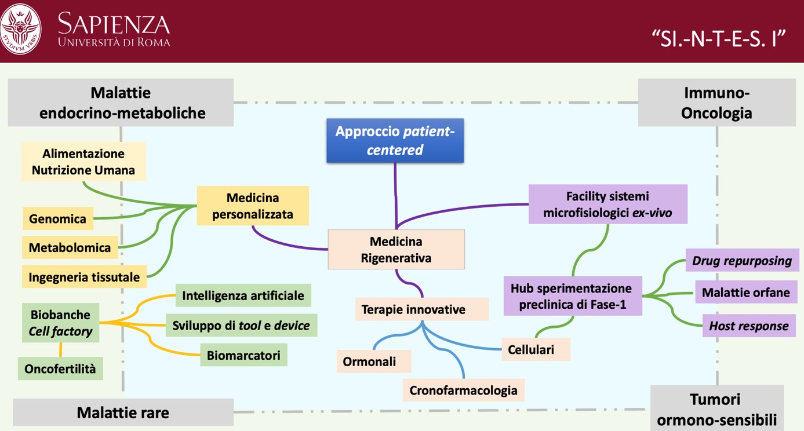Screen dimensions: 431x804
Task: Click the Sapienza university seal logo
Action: (x=21, y=29)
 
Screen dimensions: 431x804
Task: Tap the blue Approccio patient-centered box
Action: (x=395, y=140)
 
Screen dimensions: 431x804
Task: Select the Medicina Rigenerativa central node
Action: (x=396, y=249)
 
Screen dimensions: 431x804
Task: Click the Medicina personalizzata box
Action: (x=253, y=206)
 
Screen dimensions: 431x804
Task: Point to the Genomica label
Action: (x=57, y=218)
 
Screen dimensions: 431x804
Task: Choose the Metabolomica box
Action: (x=70, y=247)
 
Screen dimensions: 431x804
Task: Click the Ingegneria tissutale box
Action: (x=84, y=276)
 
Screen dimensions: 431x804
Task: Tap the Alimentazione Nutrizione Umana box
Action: (x=83, y=162)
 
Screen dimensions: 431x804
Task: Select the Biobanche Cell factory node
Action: (x=60, y=323)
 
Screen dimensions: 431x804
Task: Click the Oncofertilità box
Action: (x=60, y=368)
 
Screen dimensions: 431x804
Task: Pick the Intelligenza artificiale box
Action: (x=243, y=295)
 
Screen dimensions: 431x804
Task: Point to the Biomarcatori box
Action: (x=243, y=355)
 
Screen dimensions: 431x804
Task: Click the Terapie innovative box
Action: (x=413, y=309)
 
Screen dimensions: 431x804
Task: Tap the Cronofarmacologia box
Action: (x=463, y=390)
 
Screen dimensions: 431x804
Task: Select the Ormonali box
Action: (x=369, y=361)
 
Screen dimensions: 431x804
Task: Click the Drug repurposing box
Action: (x=742, y=260)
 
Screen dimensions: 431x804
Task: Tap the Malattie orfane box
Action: (x=745, y=293)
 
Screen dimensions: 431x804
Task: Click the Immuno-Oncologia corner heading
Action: (x=716, y=103)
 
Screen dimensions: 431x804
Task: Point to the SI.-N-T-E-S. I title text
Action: (x=719, y=39)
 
